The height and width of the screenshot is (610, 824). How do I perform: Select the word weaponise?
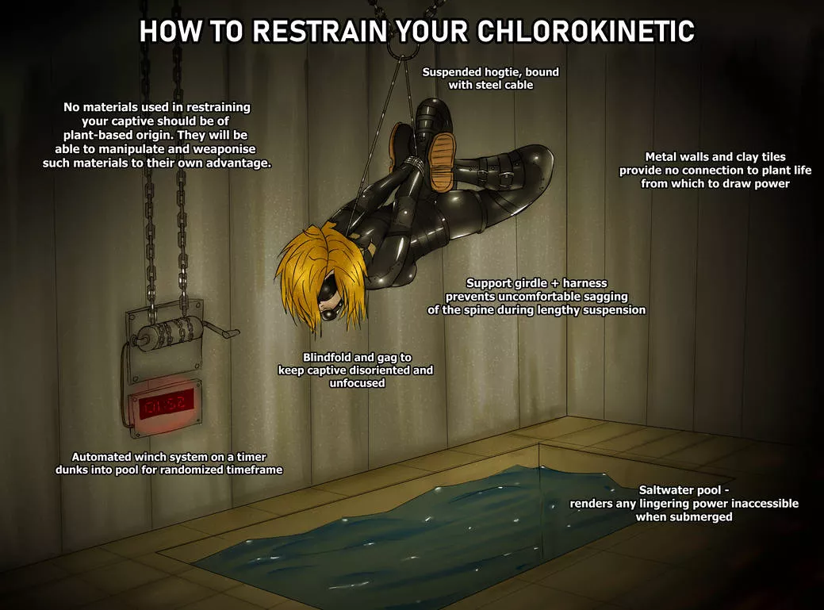click(223, 149)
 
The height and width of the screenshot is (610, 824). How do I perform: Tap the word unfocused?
click(357, 383)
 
